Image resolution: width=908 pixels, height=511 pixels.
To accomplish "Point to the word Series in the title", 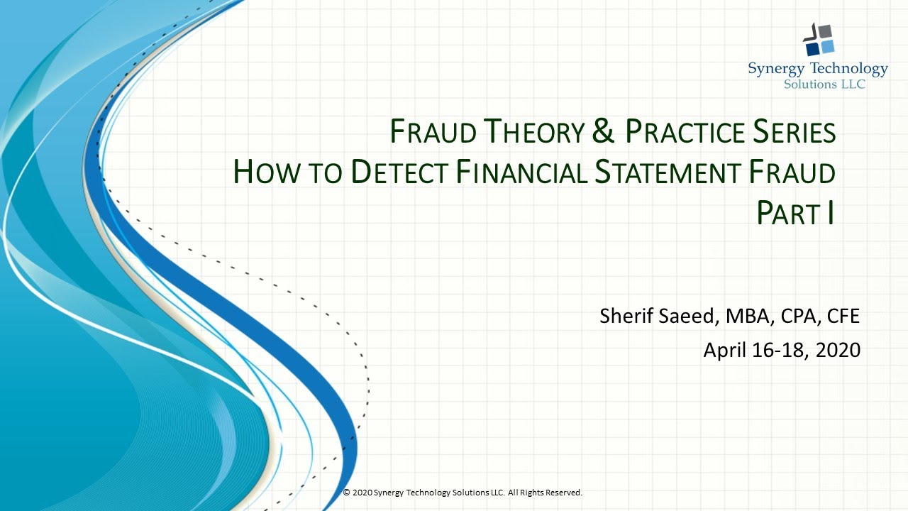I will coord(794,132).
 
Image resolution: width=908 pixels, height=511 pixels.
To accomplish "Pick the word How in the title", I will coord(260,172).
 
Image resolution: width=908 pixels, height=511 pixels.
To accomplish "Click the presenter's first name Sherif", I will coord(624,316).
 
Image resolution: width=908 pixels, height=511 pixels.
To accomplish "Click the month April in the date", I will coord(726,350).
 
